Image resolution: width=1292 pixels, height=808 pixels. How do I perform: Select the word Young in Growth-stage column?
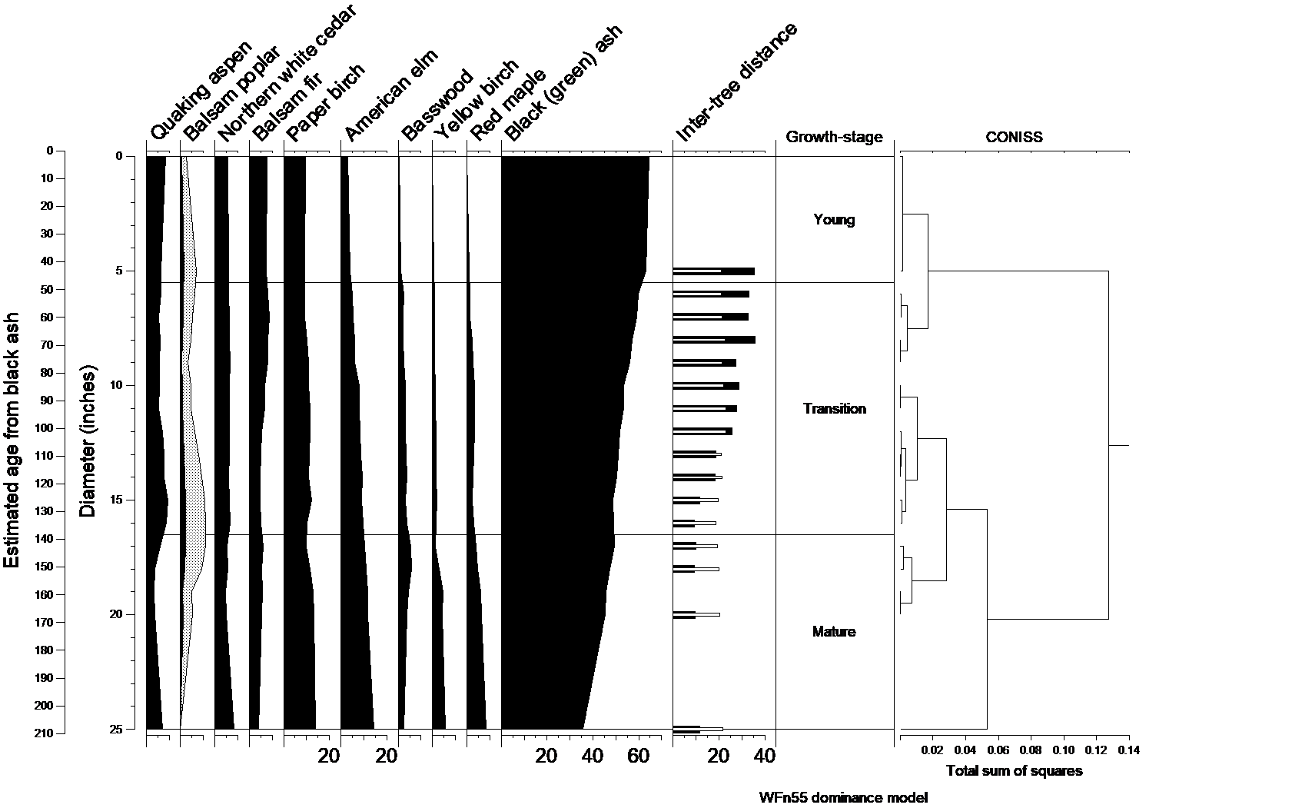[834, 220]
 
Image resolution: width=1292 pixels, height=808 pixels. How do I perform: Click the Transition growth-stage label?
[834, 409]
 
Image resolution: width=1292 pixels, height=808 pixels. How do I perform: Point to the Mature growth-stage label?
[834, 632]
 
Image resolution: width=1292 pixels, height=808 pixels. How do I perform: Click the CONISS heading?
[1014, 138]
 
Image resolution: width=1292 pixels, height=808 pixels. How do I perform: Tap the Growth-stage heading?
[834, 138]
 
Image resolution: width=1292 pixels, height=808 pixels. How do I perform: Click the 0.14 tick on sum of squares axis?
[1128, 750]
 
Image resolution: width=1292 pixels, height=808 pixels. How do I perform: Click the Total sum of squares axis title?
[1014, 771]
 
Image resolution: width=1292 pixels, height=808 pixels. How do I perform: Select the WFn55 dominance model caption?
[843, 797]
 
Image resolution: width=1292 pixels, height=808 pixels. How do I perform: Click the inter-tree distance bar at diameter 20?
[696, 614]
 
